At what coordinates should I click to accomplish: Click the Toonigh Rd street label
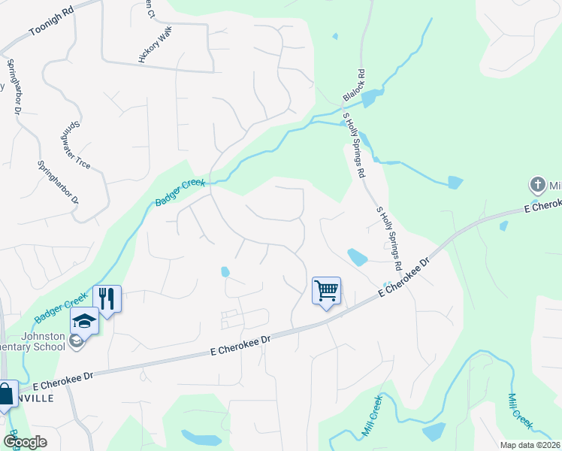pos(53,23)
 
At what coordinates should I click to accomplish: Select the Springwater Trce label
pos(76,145)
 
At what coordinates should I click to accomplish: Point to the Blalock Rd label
pos(353,86)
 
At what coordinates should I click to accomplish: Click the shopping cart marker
pos(326,290)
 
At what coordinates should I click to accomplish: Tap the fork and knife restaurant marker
pos(107,299)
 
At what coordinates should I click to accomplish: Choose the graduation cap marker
pos(85,322)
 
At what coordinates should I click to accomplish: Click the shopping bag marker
pos(6,394)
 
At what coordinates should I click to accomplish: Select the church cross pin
pos(537,185)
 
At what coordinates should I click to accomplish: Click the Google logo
pos(24,442)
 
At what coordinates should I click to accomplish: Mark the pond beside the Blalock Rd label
pos(370,98)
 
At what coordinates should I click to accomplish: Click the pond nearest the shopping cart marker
pos(357,258)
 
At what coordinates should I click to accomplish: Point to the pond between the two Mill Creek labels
pos(434,431)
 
